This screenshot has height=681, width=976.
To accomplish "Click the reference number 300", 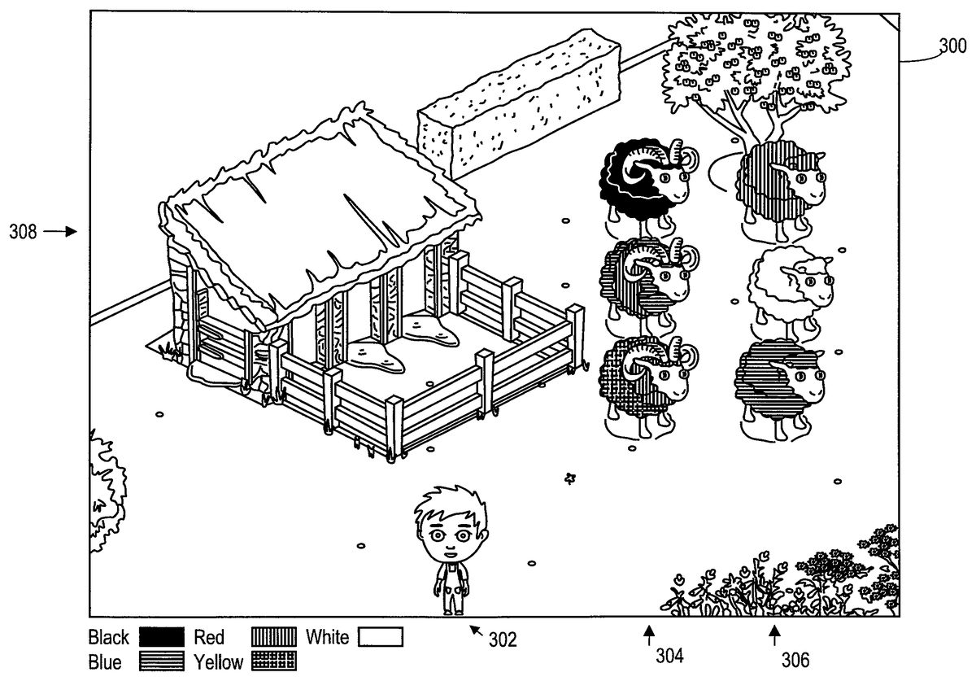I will [x=952, y=46].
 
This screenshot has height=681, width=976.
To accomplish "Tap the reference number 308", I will [x=23, y=232].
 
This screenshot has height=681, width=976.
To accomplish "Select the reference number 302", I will [x=503, y=640].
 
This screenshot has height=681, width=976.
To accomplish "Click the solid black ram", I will [x=643, y=181].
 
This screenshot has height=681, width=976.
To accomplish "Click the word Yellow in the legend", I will [x=219, y=662].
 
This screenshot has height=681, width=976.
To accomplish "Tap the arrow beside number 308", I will [x=60, y=232].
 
